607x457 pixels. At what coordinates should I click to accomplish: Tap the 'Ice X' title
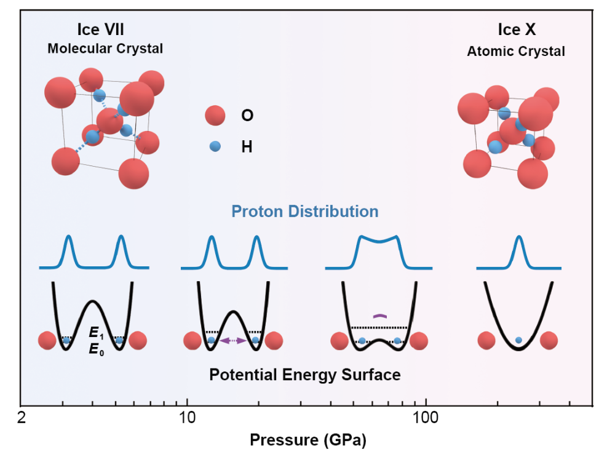coord(516,30)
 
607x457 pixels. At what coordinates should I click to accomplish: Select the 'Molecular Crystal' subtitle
coord(105,49)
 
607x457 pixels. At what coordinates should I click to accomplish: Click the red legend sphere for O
coord(215,115)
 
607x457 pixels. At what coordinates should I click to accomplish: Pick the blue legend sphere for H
coord(215,146)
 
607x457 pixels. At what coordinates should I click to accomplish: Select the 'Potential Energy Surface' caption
coord(306,375)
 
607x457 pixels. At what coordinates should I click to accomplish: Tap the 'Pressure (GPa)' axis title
coord(306,441)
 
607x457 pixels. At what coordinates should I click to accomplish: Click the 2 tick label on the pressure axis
coord(22,418)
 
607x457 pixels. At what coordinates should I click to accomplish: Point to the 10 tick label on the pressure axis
coord(186,418)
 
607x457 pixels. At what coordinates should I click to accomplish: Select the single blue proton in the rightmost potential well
coord(518,340)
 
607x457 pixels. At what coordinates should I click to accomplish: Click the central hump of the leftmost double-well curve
coord(92,303)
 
